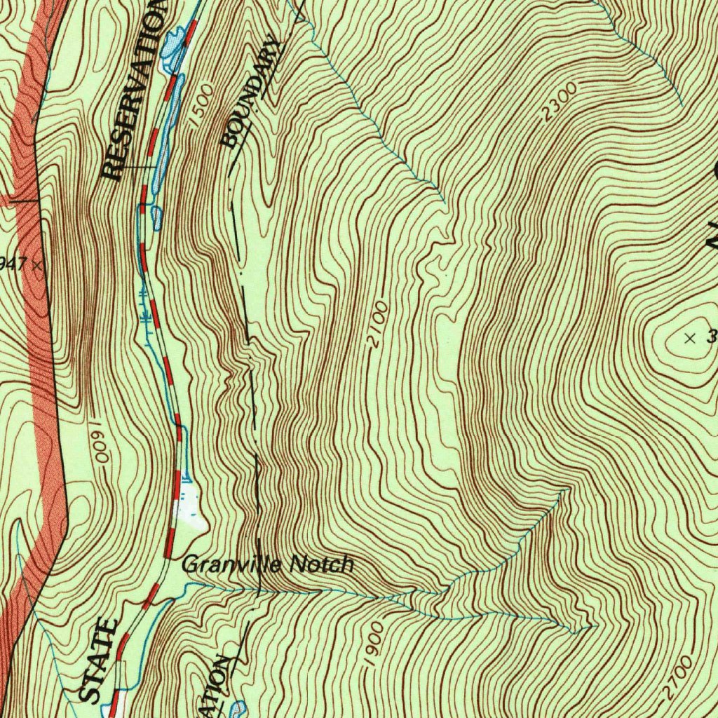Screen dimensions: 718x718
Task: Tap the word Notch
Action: (322, 564)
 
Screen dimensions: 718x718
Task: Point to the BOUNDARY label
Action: (250, 95)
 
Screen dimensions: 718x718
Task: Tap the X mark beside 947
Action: (36, 265)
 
